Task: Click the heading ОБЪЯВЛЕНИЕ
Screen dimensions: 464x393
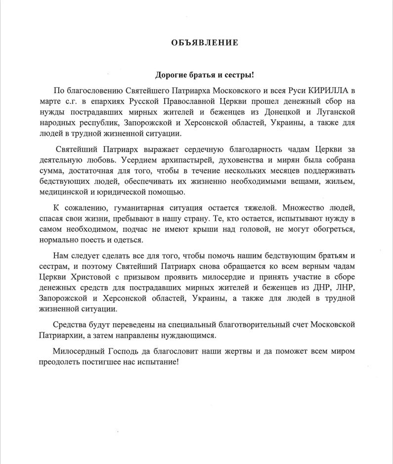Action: pos(205,43)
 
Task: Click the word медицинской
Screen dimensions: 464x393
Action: pos(66,192)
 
